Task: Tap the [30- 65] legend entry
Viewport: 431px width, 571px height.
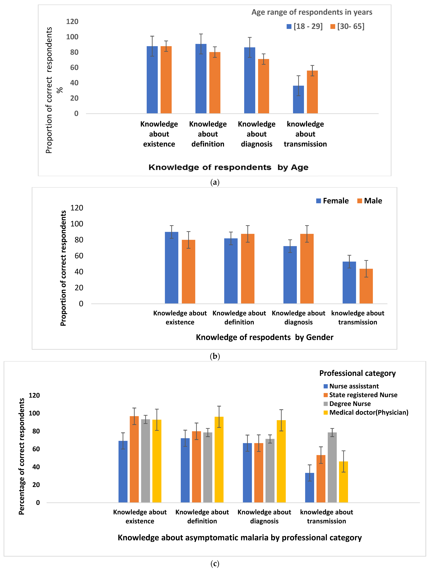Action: [x=348, y=26]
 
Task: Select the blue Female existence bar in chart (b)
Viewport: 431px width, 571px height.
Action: [x=171, y=268]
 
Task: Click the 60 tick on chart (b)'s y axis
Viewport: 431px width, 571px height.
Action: [x=79, y=256]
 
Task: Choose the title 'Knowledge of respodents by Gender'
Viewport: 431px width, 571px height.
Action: [x=264, y=337]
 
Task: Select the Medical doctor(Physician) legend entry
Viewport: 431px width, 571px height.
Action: [x=366, y=413]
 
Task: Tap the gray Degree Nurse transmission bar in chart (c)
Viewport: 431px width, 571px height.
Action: [x=332, y=467]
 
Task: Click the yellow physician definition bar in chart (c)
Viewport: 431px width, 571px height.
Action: [x=219, y=459]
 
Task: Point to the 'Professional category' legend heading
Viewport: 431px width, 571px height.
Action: [x=357, y=373]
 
